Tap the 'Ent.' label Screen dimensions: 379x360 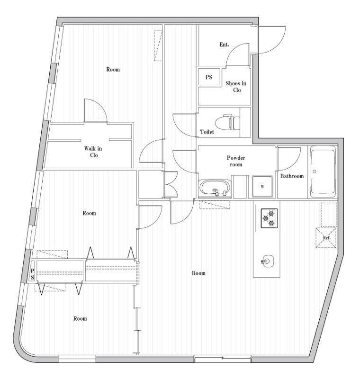click(x=224, y=45)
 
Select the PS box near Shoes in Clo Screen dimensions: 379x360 click(x=208, y=77)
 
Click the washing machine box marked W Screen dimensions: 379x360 click(x=262, y=186)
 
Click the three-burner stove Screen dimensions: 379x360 click(x=269, y=218)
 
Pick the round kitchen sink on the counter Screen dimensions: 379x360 click(x=268, y=260)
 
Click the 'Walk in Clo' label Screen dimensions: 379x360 click(x=94, y=152)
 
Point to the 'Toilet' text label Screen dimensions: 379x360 click(x=207, y=132)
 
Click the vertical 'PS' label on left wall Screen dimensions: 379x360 click(x=33, y=274)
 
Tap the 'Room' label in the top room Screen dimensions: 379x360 click(x=113, y=70)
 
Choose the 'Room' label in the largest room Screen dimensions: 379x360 click(x=198, y=273)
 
